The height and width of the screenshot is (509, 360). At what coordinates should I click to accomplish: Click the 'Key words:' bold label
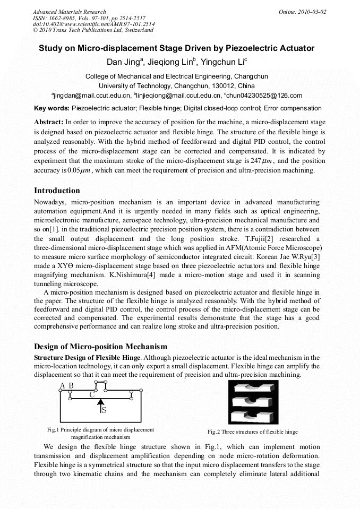click(x=52, y=108)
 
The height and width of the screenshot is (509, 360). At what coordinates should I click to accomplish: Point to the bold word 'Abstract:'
click(x=49, y=122)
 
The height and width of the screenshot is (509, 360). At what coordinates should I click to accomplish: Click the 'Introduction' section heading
click(x=57, y=191)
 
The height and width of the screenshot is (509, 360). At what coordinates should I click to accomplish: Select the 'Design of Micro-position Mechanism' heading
click(x=100, y=347)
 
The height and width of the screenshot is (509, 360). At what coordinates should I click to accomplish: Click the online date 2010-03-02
click(x=314, y=12)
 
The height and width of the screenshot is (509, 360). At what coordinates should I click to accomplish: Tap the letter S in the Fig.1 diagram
click(x=104, y=410)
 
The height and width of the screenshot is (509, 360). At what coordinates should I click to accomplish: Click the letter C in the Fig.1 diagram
click(x=92, y=394)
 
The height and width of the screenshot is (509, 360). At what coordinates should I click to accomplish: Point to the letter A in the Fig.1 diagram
click(x=63, y=385)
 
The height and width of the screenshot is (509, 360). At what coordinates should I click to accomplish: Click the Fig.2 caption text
click(x=252, y=432)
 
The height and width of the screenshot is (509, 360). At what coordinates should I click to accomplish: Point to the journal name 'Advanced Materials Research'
click(x=69, y=12)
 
